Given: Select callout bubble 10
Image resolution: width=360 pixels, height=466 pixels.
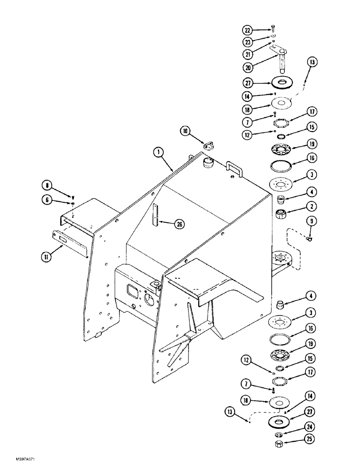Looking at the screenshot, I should (187, 132).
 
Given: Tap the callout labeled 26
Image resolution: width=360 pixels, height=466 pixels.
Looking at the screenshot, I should (179, 224).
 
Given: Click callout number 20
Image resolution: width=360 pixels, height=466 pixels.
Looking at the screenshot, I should (249, 67).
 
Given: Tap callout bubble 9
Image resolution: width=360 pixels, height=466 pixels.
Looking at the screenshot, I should (312, 221).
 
